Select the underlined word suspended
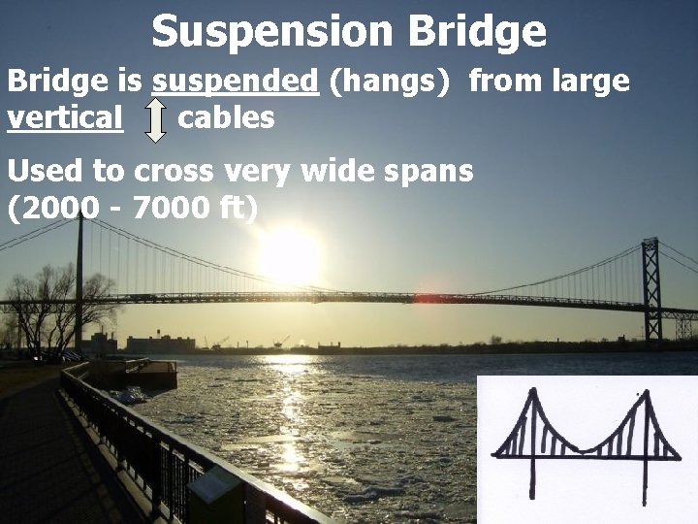pos(236,82)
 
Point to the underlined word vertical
pos(65,118)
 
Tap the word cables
pos(226,118)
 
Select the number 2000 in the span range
pos(62,208)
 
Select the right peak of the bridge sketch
pos(642,396)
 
